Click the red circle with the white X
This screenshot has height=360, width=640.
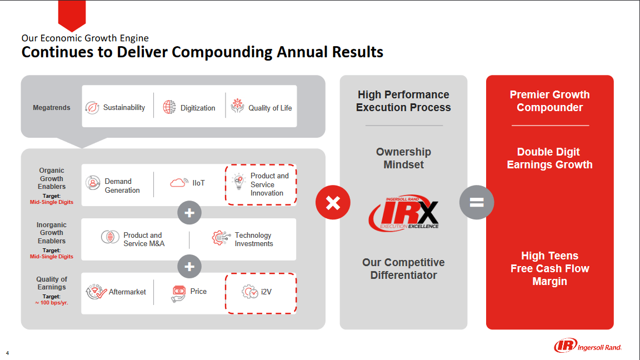333,202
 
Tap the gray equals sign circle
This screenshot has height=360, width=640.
477,202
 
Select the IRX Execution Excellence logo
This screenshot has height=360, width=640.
404,213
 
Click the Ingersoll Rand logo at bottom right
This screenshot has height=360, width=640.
588,346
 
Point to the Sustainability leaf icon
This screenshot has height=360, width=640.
92,107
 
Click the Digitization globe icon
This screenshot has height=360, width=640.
169,107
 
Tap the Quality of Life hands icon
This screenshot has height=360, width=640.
237,106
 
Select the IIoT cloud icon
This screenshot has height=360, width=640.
179,183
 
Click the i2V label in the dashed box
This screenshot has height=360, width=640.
266,292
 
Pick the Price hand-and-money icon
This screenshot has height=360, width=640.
178,293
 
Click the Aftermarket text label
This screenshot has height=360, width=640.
127,292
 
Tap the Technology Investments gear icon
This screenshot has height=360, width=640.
221,239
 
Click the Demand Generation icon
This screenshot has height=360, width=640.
93,183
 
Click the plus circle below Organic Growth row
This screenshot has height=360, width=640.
189,212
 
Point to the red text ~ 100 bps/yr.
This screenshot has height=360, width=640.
51,303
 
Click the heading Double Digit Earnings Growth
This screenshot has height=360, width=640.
549,158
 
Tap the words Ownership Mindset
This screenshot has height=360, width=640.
403,158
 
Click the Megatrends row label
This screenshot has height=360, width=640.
52,108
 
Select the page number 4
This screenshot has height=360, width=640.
7,352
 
